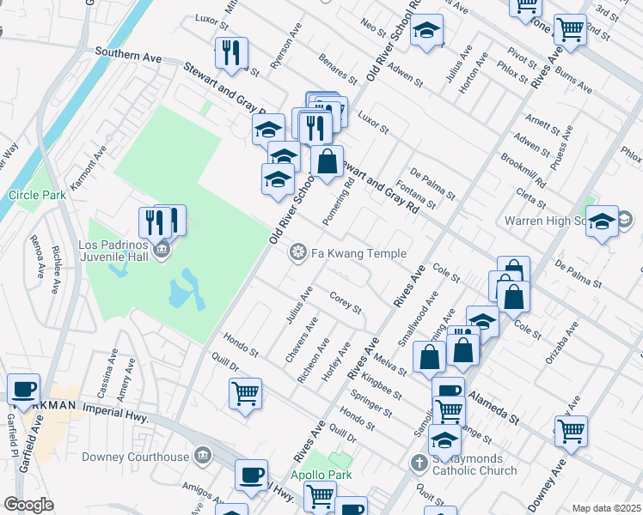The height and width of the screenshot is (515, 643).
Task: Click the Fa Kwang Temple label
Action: click(358, 253)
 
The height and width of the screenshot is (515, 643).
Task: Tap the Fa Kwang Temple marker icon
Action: click(299, 252)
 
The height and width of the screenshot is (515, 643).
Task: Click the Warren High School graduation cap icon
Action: click(602, 221)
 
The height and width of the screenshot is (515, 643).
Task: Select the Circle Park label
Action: click(37, 195)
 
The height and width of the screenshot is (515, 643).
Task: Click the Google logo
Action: click(28, 505)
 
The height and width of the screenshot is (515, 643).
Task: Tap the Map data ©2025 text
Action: click(606, 508)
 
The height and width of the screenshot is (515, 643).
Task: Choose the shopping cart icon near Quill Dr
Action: click(245, 393)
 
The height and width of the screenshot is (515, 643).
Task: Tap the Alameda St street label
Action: click(495, 409)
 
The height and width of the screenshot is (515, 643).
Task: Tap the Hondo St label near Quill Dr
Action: click(357, 418)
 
